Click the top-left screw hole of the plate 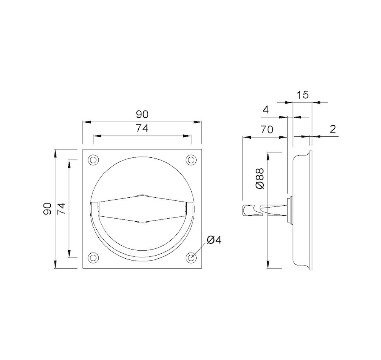(93, 160)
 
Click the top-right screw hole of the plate (191, 160)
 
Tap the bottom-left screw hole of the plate (93, 258)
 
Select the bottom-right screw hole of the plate (191, 258)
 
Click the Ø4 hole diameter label (214, 240)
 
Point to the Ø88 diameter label (259, 178)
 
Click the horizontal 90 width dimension (142, 114)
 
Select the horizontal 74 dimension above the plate (142, 128)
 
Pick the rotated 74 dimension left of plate (62, 208)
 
